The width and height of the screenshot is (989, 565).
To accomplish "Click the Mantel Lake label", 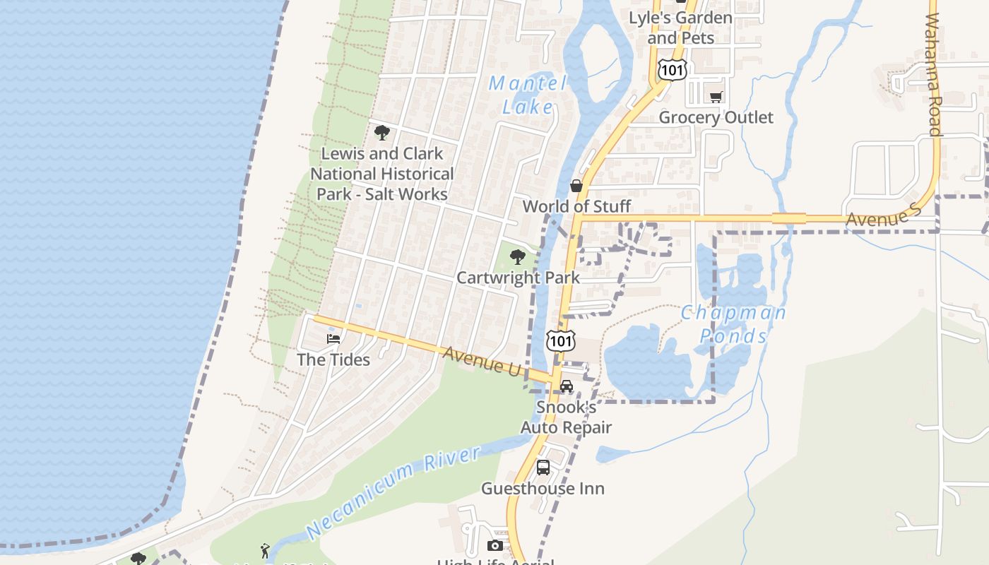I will pyautogui.click(x=528, y=95).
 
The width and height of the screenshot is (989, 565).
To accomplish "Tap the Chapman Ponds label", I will pyautogui.click(x=733, y=323).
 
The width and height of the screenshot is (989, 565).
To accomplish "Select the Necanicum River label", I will pyautogui.click(x=393, y=492).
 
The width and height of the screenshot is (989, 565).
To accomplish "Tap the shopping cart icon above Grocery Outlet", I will pyautogui.click(x=716, y=97).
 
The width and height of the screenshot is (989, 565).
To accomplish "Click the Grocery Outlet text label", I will pyautogui.click(x=716, y=117).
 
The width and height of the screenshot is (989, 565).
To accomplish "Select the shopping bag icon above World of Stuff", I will pyautogui.click(x=576, y=186).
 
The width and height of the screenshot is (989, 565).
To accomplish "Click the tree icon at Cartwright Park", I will pyautogui.click(x=518, y=257).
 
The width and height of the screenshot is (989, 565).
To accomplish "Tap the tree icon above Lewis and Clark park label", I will pyautogui.click(x=382, y=133).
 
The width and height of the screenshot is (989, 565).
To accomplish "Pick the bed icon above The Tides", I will pyautogui.click(x=333, y=339).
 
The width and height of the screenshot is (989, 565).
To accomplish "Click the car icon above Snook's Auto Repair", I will pyautogui.click(x=567, y=386).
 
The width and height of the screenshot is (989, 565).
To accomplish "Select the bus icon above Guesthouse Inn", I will pyautogui.click(x=543, y=468).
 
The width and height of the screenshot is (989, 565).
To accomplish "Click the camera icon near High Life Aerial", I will pyautogui.click(x=495, y=545).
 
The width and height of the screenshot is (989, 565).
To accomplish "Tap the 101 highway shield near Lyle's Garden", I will pyautogui.click(x=671, y=69).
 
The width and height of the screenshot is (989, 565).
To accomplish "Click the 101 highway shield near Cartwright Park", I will pyautogui.click(x=561, y=341).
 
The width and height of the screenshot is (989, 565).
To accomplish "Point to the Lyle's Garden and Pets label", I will pyautogui.click(x=680, y=27).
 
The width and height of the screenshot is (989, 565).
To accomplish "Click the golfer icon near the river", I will pyautogui.click(x=265, y=550).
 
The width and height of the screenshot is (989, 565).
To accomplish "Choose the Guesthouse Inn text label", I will pyautogui.click(x=543, y=489).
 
